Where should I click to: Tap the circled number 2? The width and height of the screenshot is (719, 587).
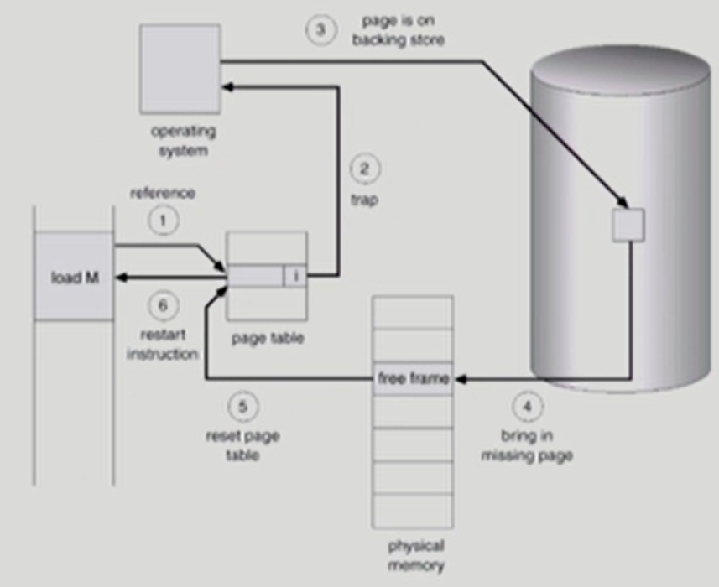364,169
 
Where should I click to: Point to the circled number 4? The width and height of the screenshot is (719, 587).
527,408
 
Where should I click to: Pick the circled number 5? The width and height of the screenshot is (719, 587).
242,407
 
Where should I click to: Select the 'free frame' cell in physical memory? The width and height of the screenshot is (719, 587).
413,379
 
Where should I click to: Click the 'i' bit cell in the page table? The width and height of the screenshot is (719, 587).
294,275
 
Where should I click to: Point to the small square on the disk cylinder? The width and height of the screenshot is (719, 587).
628,225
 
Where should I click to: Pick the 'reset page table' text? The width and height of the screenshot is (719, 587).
242,446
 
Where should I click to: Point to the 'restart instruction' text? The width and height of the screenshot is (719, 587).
163,345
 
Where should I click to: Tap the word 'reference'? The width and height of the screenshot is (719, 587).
162,194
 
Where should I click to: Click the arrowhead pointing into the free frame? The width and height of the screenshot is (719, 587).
460,379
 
